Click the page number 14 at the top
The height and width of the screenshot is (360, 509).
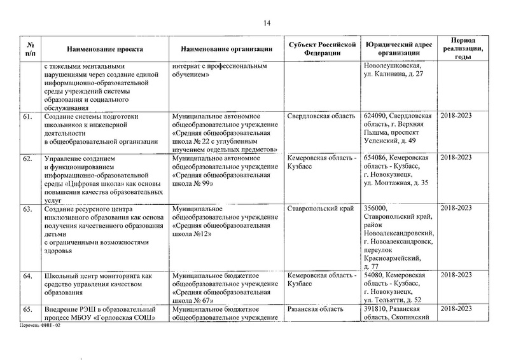(267, 24)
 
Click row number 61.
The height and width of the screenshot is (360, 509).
(28, 116)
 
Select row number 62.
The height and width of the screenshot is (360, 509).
(28, 158)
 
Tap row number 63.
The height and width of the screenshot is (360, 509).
(28, 209)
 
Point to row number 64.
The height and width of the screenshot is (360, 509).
(28, 275)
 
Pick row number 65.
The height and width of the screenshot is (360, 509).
(28, 309)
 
